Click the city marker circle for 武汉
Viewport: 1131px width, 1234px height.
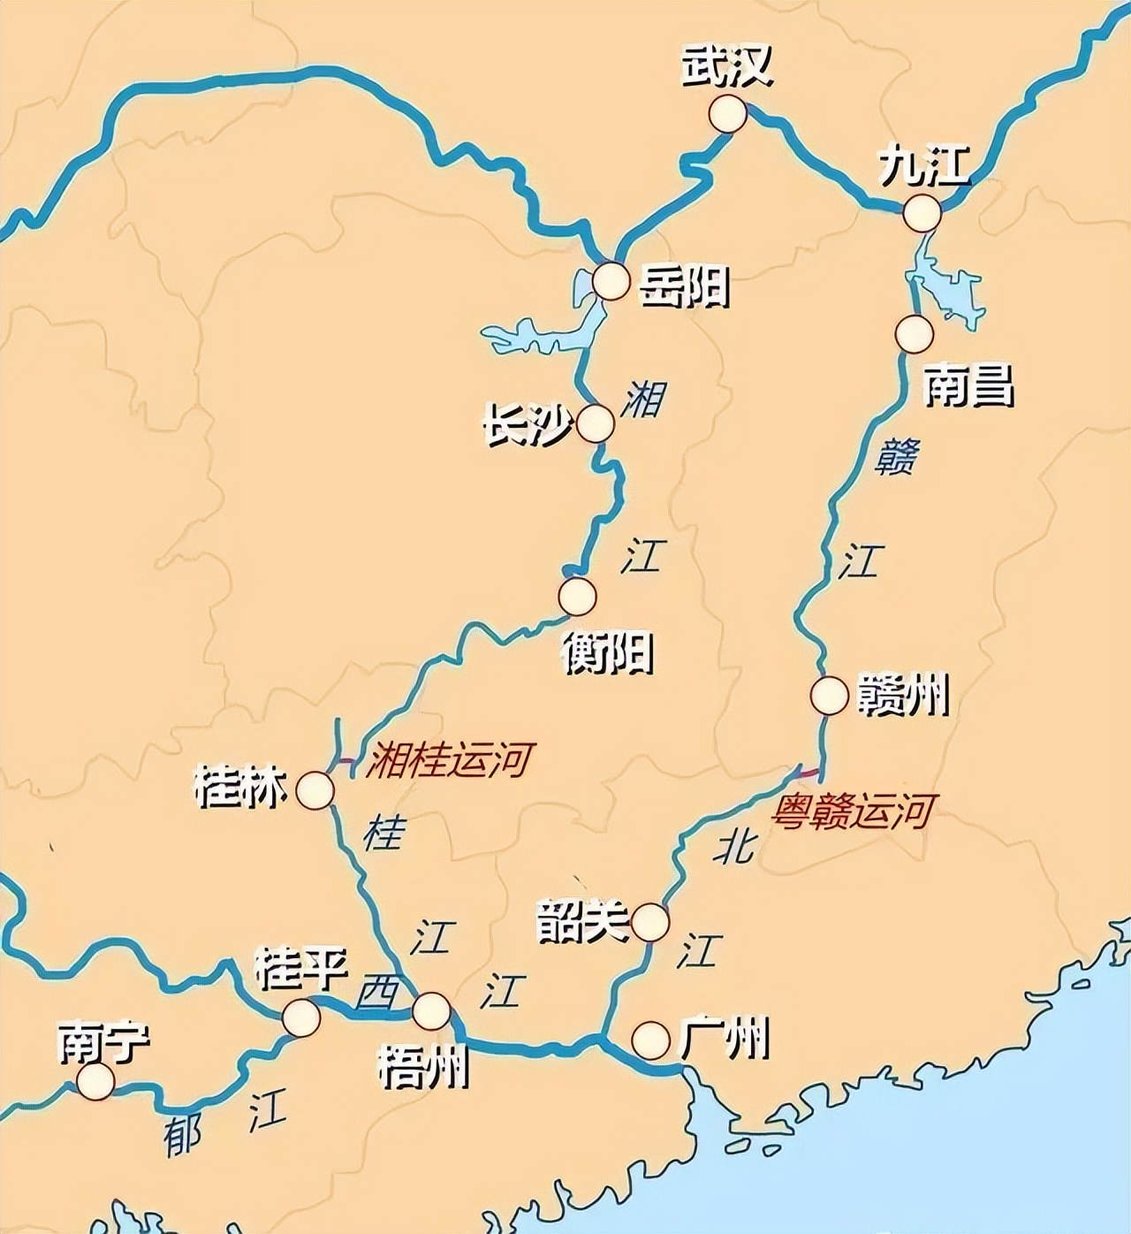(727, 114)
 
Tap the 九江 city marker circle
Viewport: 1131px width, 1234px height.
(922, 213)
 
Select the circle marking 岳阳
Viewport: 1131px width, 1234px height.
(611, 282)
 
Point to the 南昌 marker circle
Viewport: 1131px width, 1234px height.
(914, 334)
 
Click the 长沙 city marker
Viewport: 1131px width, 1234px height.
(596, 424)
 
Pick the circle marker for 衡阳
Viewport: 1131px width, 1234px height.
(577, 597)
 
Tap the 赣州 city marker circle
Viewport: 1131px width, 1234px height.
(829, 696)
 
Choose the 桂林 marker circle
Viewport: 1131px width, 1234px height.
(315, 790)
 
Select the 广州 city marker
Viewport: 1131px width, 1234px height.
(650, 1040)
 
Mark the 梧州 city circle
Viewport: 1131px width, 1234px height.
(431, 1011)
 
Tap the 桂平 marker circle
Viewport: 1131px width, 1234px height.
(301, 1017)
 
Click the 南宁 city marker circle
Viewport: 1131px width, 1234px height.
(95, 1081)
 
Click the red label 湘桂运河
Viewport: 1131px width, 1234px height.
(451, 759)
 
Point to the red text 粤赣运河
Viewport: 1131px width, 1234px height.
(853, 810)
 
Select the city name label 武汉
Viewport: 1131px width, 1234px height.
(726, 66)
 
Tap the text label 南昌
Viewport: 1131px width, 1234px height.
(968, 385)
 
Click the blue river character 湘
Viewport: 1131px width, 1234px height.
(642, 399)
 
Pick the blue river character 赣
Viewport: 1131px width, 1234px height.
(895, 458)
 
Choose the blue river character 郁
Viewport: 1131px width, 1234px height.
(183, 1136)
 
